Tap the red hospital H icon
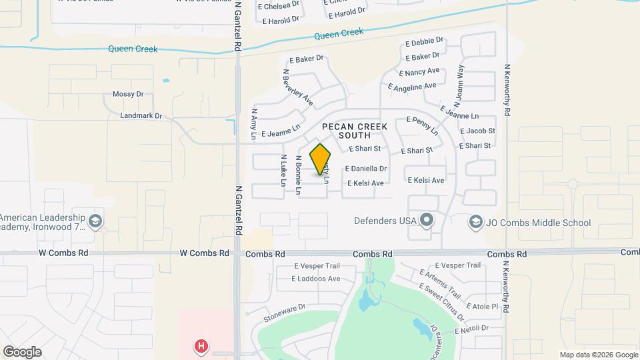[x=200, y=346]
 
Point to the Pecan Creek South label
[x=354, y=131]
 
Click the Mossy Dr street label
[x=128, y=94]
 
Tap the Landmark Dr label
[x=141, y=115]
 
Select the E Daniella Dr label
[x=365, y=169]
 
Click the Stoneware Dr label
[x=284, y=313]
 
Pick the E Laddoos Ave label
[x=316, y=279]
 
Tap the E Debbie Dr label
[x=423, y=42]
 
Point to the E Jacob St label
[x=477, y=131]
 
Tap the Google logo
[x=22, y=352]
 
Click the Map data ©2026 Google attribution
[x=599, y=355]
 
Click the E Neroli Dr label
[x=471, y=329]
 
